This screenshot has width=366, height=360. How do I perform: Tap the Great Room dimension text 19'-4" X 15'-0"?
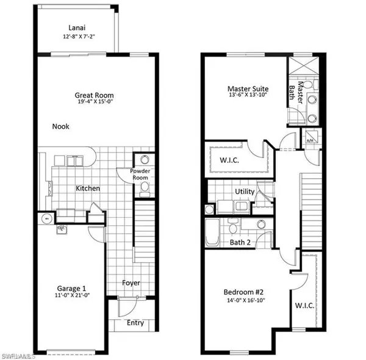94,103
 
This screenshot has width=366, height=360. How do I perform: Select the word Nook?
60,126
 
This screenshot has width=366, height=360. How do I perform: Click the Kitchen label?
88,189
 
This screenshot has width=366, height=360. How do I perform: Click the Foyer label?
131,283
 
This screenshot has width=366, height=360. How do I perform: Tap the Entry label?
135,323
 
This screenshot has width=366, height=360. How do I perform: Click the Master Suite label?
248,89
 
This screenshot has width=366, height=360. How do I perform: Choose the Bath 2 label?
240,242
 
